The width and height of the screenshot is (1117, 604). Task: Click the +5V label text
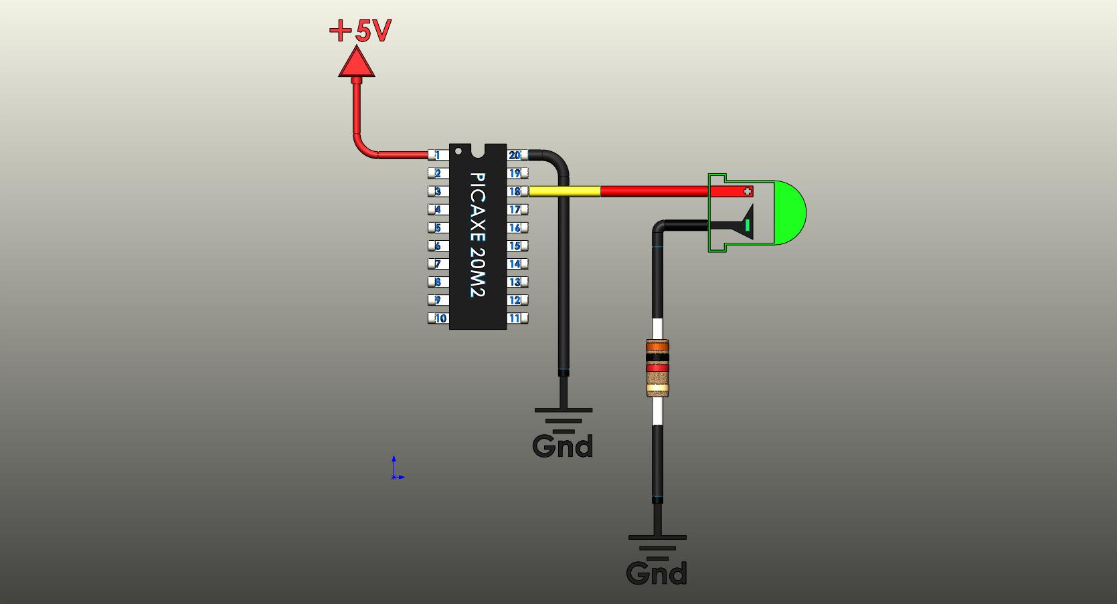pyautogui.click(x=361, y=31)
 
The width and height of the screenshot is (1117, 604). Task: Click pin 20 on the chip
pyautogui.click(x=516, y=155)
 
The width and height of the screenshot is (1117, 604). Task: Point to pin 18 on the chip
pyautogui.click(x=516, y=191)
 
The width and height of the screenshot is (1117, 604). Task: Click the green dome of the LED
pyautogui.click(x=790, y=213)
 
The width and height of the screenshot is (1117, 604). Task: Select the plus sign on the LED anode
pyautogui.click(x=748, y=191)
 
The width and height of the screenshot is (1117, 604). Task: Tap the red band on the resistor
pyautogui.click(x=657, y=368)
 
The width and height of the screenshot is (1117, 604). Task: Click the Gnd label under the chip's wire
pyautogui.click(x=563, y=446)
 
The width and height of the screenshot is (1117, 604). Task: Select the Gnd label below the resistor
pyautogui.click(x=657, y=573)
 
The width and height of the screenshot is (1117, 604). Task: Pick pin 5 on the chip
pyautogui.click(x=438, y=228)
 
